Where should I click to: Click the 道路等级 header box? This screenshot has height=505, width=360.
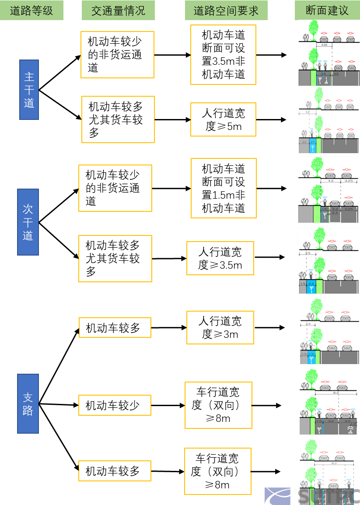click(31, 11)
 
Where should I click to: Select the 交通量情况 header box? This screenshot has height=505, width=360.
click(118, 11)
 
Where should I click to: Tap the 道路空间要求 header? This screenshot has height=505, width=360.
click(226, 11)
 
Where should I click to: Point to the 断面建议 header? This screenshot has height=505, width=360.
click(327, 11)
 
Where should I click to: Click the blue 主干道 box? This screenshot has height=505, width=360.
click(29, 90)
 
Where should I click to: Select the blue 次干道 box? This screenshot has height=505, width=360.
click(28, 222)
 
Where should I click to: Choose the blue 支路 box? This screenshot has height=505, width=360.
click(28, 403)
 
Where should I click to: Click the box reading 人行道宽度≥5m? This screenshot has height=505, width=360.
click(223, 120)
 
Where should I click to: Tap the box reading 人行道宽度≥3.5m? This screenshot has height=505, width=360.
click(220, 258)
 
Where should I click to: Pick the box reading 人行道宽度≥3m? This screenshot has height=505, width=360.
click(220, 327)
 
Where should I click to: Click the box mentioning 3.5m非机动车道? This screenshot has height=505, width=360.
click(223, 55)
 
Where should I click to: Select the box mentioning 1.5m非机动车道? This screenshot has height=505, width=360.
click(223, 188)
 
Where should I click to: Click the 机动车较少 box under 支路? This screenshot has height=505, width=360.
click(115, 405)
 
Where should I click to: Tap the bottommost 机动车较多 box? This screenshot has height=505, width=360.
click(115, 471)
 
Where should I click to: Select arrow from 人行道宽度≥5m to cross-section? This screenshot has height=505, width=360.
click(271, 119)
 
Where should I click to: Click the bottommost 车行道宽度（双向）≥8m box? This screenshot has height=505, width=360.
click(217, 471)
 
